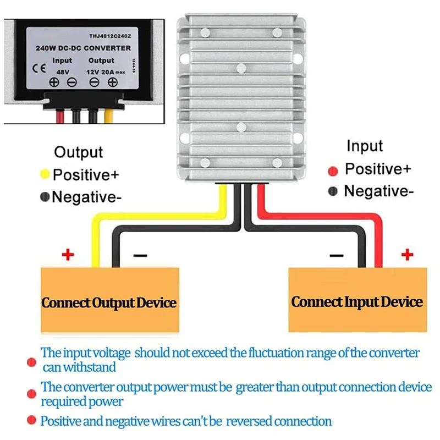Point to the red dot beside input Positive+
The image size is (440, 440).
tap(333, 170)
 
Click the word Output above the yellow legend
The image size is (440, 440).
tap(78, 152)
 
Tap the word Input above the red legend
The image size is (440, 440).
tap(364, 146)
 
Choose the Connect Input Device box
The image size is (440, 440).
tap(358, 300)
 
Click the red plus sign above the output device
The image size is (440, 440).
tap(67, 255)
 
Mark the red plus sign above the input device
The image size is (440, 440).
tap(407, 254)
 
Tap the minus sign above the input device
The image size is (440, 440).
tap(337, 256)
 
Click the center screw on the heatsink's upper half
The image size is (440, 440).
tap(240, 69)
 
